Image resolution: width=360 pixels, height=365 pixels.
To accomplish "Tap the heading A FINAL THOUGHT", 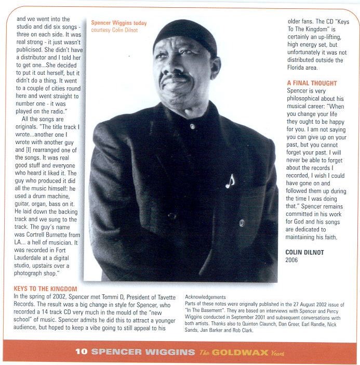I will pos(312,83).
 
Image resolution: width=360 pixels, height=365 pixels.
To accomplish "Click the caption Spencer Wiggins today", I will pos(118,23).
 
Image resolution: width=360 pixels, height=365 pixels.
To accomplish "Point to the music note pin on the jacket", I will pos(230,180).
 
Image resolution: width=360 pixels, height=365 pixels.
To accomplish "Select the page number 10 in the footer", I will pos(81,351).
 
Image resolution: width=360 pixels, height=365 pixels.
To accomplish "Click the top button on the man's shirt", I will pos(192,126).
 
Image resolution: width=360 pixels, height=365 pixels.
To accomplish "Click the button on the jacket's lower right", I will pos(241,223).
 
